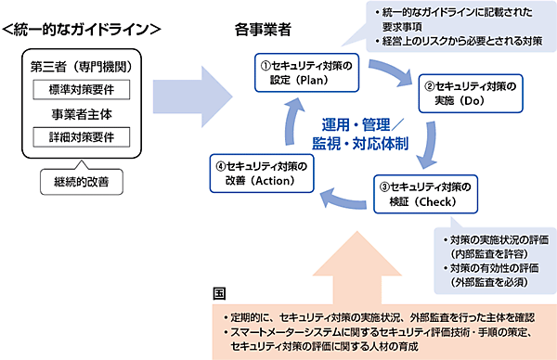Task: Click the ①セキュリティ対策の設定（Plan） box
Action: (309, 71)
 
